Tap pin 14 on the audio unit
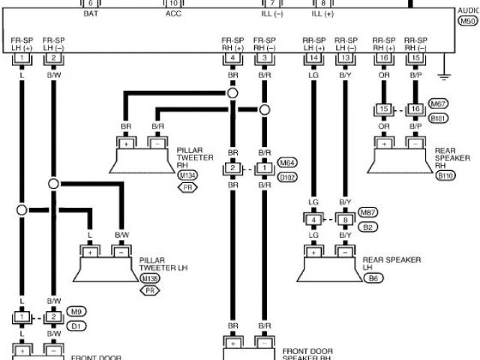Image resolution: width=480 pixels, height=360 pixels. pyautogui.click(x=313, y=58)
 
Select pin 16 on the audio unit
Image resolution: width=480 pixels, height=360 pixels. pyautogui.click(x=384, y=58)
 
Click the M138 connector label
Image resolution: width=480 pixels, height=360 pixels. pyautogui.click(x=150, y=278)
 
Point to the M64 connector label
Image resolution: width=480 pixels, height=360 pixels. pyautogui.click(x=286, y=162)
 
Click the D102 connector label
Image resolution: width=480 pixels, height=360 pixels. pyautogui.click(x=286, y=178)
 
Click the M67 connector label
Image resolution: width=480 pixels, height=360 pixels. pyautogui.click(x=438, y=103)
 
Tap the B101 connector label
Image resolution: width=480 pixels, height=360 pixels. pyautogui.click(x=438, y=118)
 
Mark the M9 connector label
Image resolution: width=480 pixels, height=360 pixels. pyautogui.click(x=74, y=310)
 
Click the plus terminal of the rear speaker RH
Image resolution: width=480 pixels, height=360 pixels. pyautogui.click(x=384, y=143)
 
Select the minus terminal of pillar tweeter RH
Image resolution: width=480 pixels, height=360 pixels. pyautogui.click(x=158, y=142)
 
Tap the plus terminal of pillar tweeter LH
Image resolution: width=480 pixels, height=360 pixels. pyautogui.click(x=90, y=253)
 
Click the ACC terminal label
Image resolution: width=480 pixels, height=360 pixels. pyautogui.click(x=173, y=13)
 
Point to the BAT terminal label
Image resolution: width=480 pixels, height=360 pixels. pyautogui.click(x=90, y=13)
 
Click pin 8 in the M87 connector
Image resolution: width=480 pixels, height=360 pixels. pyautogui.click(x=345, y=220)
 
